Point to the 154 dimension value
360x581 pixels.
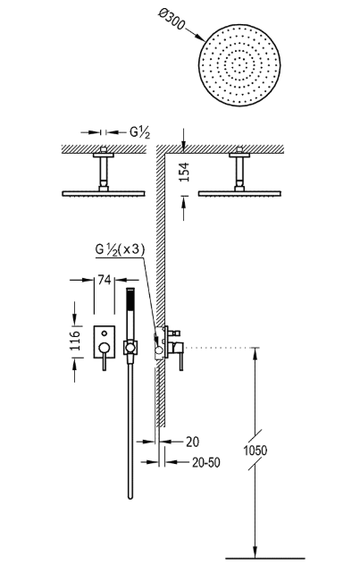[185, 172]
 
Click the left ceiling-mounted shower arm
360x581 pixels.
[105, 170]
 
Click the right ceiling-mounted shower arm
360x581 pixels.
[241, 170]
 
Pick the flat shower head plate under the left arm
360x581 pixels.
[105, 190]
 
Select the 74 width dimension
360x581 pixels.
[104, 280]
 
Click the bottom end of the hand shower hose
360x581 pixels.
[130, 497]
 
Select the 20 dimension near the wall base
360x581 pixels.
[192, 441]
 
